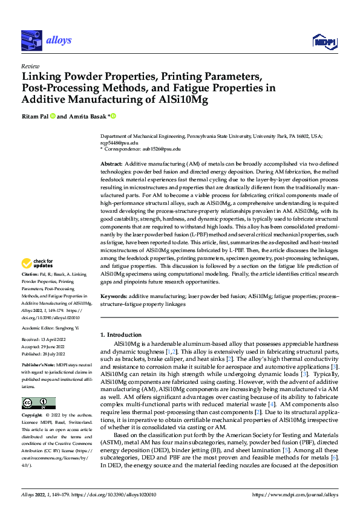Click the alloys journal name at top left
click(58, 40)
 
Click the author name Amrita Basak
click(85, 116)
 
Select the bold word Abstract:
click(111, 165)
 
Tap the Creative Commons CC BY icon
click(38, 403)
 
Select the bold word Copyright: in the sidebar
click(34, 416)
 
